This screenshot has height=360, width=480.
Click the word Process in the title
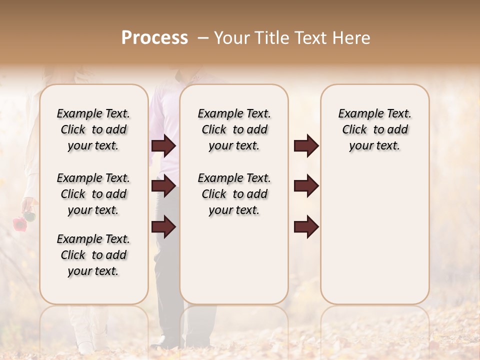tap(154, 38)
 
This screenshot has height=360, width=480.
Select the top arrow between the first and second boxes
tap(163, 145)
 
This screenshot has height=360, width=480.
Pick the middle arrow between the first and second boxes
tap(163, 186)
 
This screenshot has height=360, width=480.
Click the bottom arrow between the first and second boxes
tap(163, 226)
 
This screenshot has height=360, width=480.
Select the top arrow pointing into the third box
tap(306, 145)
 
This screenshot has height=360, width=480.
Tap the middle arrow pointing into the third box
tap(306, 186)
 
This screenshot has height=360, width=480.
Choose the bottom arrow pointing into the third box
tap(306, 226)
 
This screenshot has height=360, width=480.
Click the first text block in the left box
tap(93, 129)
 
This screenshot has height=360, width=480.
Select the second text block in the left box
tap(93, 194)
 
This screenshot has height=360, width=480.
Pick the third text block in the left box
tap(93, 255)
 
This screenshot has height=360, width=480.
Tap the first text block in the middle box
tap(234, 129)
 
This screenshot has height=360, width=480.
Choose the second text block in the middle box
tap(234, 194)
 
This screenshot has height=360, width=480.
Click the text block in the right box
tap(374, 129)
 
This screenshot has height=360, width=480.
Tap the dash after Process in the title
tap(203, 38)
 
